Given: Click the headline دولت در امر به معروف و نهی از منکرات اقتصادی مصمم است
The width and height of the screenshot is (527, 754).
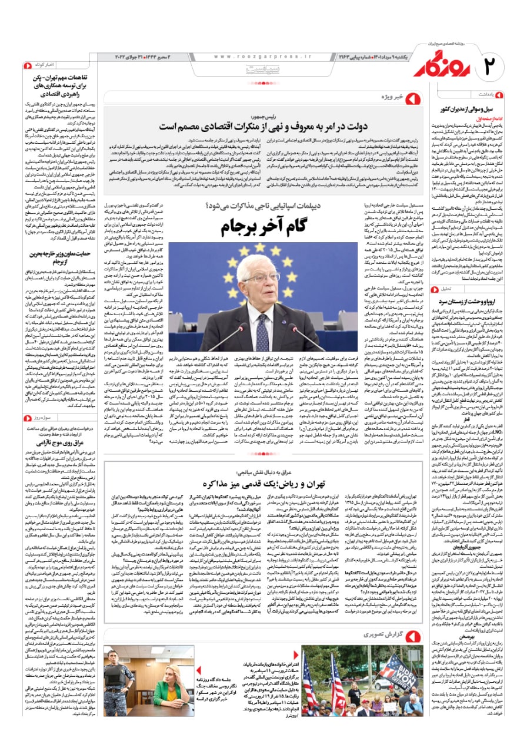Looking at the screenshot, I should point(259,127).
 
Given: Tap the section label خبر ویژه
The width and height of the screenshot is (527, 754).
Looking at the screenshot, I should point(377,95).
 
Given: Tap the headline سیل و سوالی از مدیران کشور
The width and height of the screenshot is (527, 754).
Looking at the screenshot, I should point(476,109).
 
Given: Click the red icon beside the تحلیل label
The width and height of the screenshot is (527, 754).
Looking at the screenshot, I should point(435,289).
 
